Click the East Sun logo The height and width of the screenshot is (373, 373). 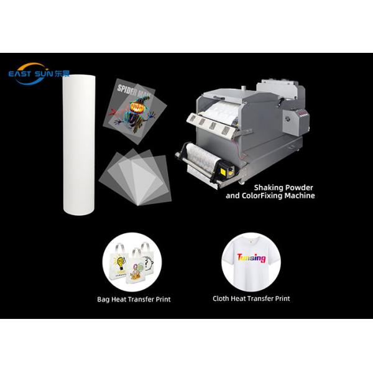pos(39,73)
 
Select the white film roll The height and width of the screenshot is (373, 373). pos(79,145)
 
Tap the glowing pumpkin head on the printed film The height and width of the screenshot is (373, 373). pos(137,108)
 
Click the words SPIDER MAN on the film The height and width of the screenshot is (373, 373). pos(134,91)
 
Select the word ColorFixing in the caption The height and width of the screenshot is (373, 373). pos(262,196)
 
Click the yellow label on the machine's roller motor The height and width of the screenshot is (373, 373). pos(224,172)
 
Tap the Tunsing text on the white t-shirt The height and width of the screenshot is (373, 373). pos(251,257)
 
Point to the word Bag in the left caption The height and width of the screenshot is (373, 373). pos(103,299)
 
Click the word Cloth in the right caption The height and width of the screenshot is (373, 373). pos(220,298)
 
